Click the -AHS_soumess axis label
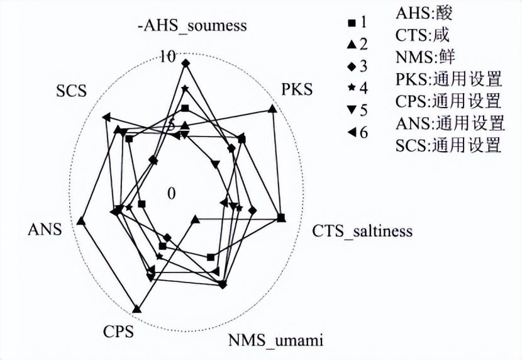[192, 27]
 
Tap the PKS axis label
[296, 89]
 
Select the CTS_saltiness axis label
[362, 230]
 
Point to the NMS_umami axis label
[275, 340]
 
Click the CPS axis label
[118, 331]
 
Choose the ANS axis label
[45, 230]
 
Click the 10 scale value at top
[168, 56]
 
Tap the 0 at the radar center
[171, 193]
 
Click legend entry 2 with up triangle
[357, 45]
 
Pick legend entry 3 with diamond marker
[357, 66]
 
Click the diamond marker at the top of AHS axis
[185, 63]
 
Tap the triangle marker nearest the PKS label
[272, 110]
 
